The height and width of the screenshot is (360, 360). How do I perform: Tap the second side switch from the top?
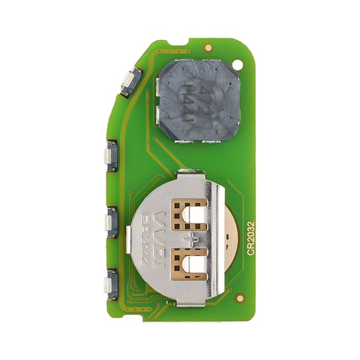111,156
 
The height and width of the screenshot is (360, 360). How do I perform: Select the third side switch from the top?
111,223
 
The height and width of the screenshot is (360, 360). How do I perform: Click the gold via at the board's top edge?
208,47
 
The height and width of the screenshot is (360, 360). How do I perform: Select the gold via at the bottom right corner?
240,298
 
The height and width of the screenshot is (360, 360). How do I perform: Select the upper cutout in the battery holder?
190,215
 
